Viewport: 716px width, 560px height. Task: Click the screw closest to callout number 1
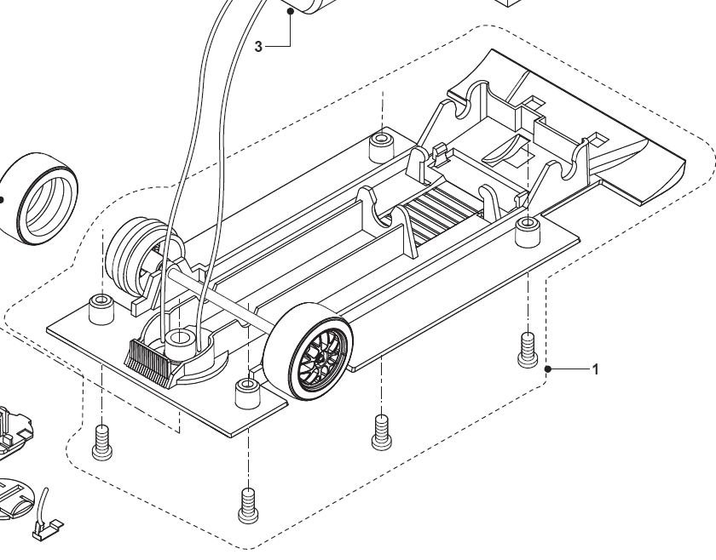[526, 350]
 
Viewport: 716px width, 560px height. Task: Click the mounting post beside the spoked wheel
[247, 394]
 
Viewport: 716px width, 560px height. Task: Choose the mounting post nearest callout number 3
[381, 146]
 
